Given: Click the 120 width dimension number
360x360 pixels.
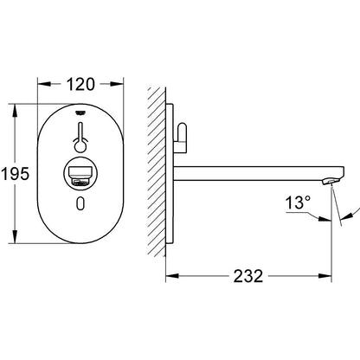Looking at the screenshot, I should (79, 85).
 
